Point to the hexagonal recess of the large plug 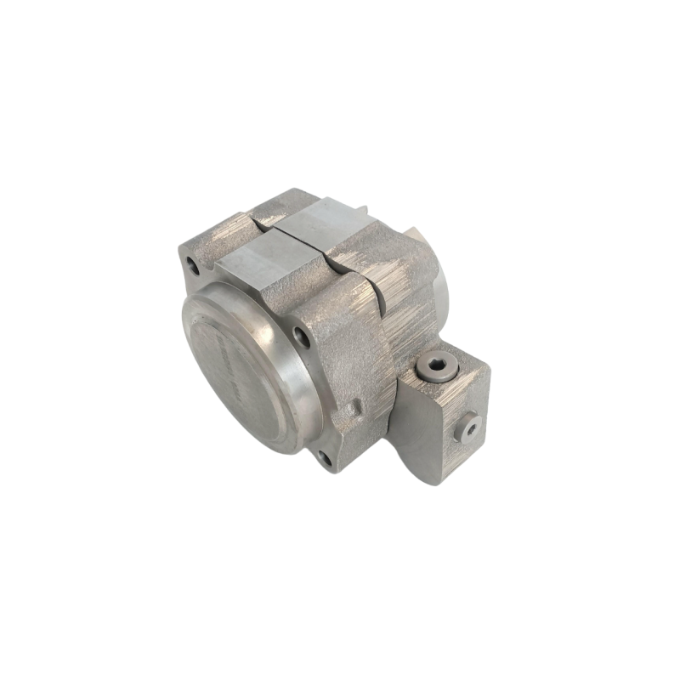436,366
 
